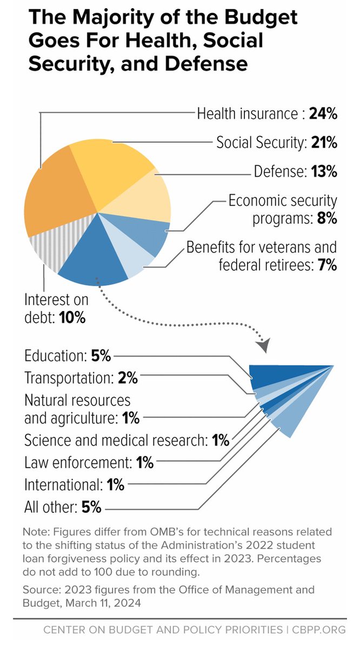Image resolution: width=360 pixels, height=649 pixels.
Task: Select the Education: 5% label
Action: (68, 356)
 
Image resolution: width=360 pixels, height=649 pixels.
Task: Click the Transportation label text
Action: (69, 378)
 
